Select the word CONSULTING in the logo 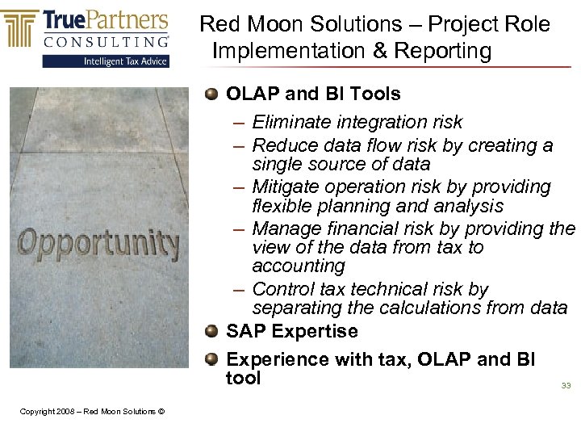point(105,41)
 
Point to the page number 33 point(566,386)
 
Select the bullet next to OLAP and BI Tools point(211,94)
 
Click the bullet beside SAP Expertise point(211,332)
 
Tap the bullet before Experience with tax point(211,360)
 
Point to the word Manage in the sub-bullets point(285,229)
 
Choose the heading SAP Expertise point(291,332)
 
